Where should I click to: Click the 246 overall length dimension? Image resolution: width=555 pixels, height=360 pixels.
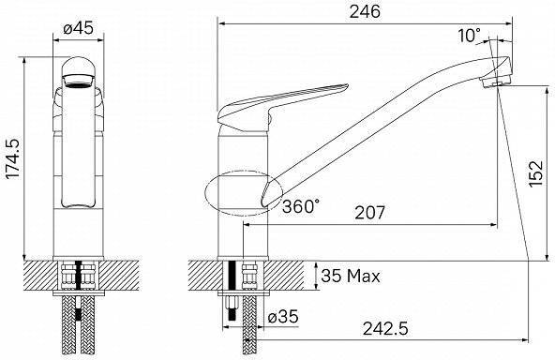[365, 11]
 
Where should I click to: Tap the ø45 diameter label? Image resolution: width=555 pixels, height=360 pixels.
[79, 28]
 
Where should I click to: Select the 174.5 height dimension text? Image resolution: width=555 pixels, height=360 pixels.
[13, 159]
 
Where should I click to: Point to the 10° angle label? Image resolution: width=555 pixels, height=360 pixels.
[470, 36]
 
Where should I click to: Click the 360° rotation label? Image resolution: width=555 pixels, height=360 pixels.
[301, 206]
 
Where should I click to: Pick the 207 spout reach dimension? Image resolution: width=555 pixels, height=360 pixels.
[369, 213]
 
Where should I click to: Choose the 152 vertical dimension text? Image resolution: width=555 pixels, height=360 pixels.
[535, 173]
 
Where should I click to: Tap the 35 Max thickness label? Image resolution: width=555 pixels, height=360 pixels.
[351, 276]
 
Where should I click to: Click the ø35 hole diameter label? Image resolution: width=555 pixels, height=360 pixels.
[283, 316]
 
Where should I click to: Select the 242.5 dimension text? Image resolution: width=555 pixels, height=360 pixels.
[385, 329]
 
